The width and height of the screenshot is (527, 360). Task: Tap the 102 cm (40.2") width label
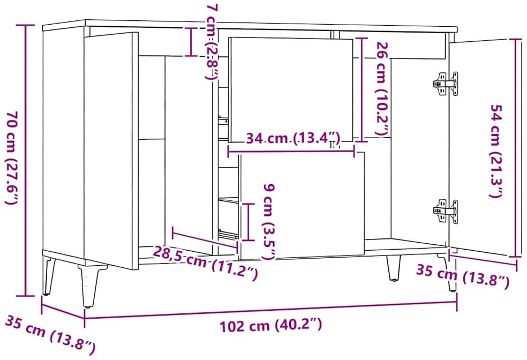coord(271,325)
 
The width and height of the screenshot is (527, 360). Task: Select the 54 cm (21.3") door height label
coord(496,151)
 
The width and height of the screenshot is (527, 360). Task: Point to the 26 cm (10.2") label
coord(383,89)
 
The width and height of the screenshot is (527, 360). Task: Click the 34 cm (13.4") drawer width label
coord(293,138)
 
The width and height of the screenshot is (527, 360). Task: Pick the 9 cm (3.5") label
coord(269,221)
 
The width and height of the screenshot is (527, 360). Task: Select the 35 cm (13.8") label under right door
coord(463,276)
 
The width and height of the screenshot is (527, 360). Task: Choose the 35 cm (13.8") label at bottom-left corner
coord(50,335)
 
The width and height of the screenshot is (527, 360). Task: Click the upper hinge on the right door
coord(446,84)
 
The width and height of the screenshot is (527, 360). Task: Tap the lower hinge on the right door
coord(446,211)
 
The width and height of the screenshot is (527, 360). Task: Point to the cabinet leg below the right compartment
coord(394,267)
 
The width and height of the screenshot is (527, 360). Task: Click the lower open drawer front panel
coord(302,206)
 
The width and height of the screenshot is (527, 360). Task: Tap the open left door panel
coord(111,151)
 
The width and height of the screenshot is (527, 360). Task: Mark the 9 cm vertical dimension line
coord(249,222)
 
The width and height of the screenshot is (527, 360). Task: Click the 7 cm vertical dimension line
coord(191,42)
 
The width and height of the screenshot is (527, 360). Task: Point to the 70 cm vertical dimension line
coord(26,161)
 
